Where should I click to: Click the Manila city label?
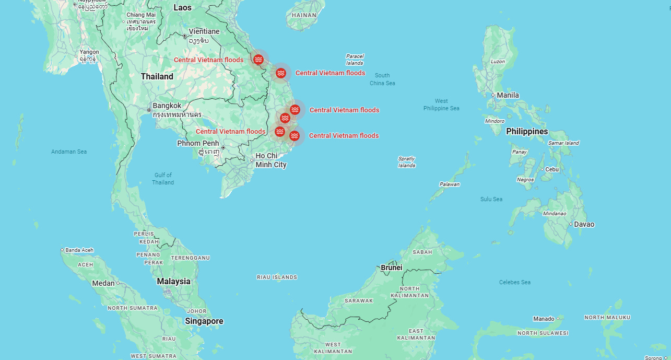coord(508,95)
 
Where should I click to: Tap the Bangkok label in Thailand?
coord(167,106)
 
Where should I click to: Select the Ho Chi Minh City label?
coord(270,160)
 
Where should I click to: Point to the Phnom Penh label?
coord(198,143)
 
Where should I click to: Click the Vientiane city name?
coord(204,31)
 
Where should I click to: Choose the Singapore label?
coord(204,321)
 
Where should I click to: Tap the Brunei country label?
coord(392,268)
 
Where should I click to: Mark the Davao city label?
coord(584,224)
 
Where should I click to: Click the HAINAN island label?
coord(304,15)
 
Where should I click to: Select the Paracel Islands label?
coord(355,60)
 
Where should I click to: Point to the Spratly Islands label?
coord(407,162)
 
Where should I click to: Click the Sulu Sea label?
coord(491,199)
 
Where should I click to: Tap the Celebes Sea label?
coord(514,282)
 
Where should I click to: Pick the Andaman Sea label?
coord(69,152)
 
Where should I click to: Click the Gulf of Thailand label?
coord(163,179)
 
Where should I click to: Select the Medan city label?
coord(103,283)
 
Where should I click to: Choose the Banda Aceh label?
coord(79,250)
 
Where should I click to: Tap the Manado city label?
coord(544,319)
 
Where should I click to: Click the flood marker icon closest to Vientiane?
coord(258,60)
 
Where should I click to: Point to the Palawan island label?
coord(449,184)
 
